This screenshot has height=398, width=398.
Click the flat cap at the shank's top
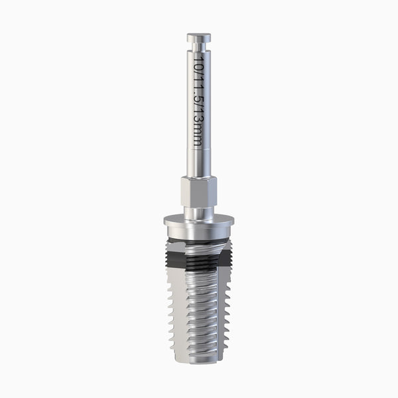pyautogui.click(x=199, y=38)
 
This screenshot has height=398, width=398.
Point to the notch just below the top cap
pyautogui.click(x=199, y=46)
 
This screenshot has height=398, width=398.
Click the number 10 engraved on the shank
pyautogui.click(x=198, y=62)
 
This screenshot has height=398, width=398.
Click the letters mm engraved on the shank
pyautogui.click(x=198, y=135)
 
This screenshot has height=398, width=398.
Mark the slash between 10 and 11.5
pyautogui.click(x=198, y=71)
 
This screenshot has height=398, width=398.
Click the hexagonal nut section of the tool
pyautogui.click(x=199, y=192)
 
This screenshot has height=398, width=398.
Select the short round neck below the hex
pyautogui.click(x=199, y=213)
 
